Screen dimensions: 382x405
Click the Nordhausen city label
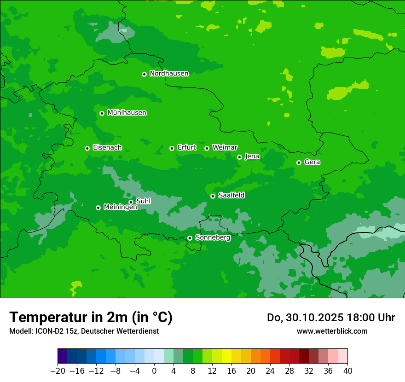click(x=169, y=73)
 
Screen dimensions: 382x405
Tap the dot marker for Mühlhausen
click(x=102, y=113)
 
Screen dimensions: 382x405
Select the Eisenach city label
click(x=107, y=148)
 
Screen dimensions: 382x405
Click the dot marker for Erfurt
click(x=172, y=148)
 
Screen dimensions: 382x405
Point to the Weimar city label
click(x=225, y=147)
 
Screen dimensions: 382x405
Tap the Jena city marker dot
click(x=239, y=157)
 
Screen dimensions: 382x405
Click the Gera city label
click(x=312, y=162)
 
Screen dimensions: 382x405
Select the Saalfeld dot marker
click(x=213, y=196)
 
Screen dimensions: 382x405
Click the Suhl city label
click(x=143, y=201)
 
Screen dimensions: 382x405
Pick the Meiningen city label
click(x=120, y=207)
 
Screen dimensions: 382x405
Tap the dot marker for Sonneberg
click(x=190, y=238)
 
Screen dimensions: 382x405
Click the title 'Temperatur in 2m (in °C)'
click(x=91, y=317)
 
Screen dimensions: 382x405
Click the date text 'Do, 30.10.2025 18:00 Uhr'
click(x=330, y=318)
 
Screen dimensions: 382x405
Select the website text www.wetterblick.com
click(x=332, y=331)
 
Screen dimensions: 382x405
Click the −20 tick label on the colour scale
click(x=58, y=371)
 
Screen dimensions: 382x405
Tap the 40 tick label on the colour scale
click(x=347, y=371)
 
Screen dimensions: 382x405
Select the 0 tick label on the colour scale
click(x=154, y=371)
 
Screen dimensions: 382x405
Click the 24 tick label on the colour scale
click(x=270, y=371)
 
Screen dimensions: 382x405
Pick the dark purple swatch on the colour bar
click(x=62, y=356)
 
